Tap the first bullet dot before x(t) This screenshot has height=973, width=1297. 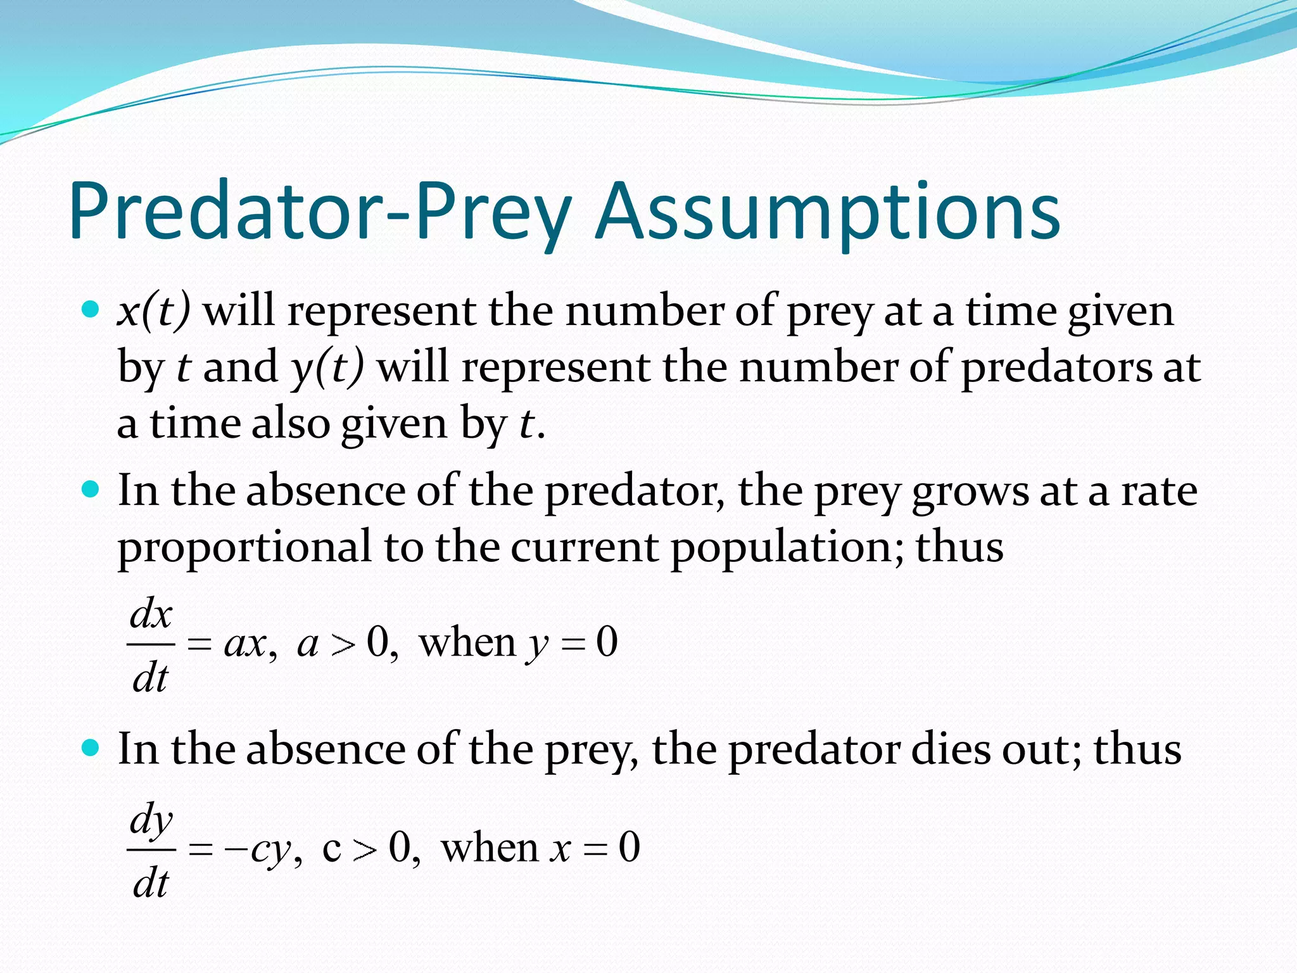[91, 310]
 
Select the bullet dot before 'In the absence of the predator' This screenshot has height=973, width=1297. [91, 490]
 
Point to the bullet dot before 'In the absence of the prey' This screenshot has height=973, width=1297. [91, 748]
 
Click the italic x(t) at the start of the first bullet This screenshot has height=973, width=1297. [153, 312]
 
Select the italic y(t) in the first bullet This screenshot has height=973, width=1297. [327, 367]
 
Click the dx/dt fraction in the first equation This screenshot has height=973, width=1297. [151, 645]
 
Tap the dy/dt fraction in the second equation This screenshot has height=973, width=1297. [151, 849]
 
